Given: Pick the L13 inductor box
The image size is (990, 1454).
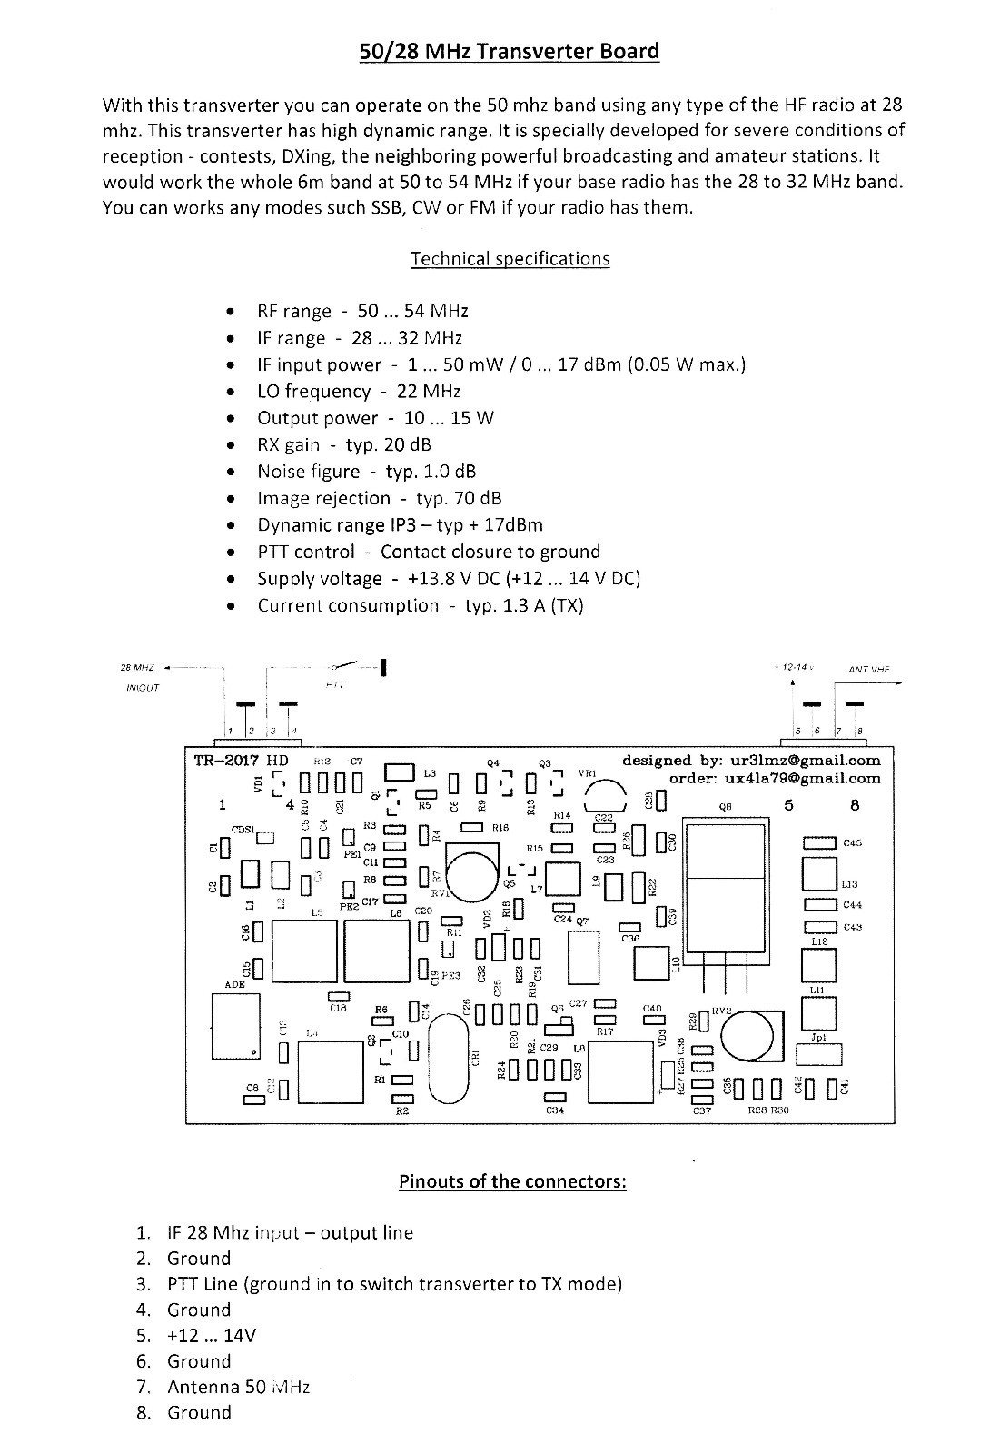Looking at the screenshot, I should click(x=819, y=873).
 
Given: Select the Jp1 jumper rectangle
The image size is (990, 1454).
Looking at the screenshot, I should click(x=819, y=1054).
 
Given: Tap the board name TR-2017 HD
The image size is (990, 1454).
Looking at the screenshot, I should click(x=241, y=761).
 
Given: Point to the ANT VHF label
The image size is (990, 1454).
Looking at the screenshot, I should click(x=869, y=670).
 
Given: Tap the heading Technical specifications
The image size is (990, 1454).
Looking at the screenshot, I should click(x=510, y=259).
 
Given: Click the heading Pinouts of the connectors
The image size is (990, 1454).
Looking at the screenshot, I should click(x=512, y=1181).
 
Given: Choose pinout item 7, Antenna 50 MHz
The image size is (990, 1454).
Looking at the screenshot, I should click(x=238, y=1387).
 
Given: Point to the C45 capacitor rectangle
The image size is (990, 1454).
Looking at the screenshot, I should click(x=819, y=843).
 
